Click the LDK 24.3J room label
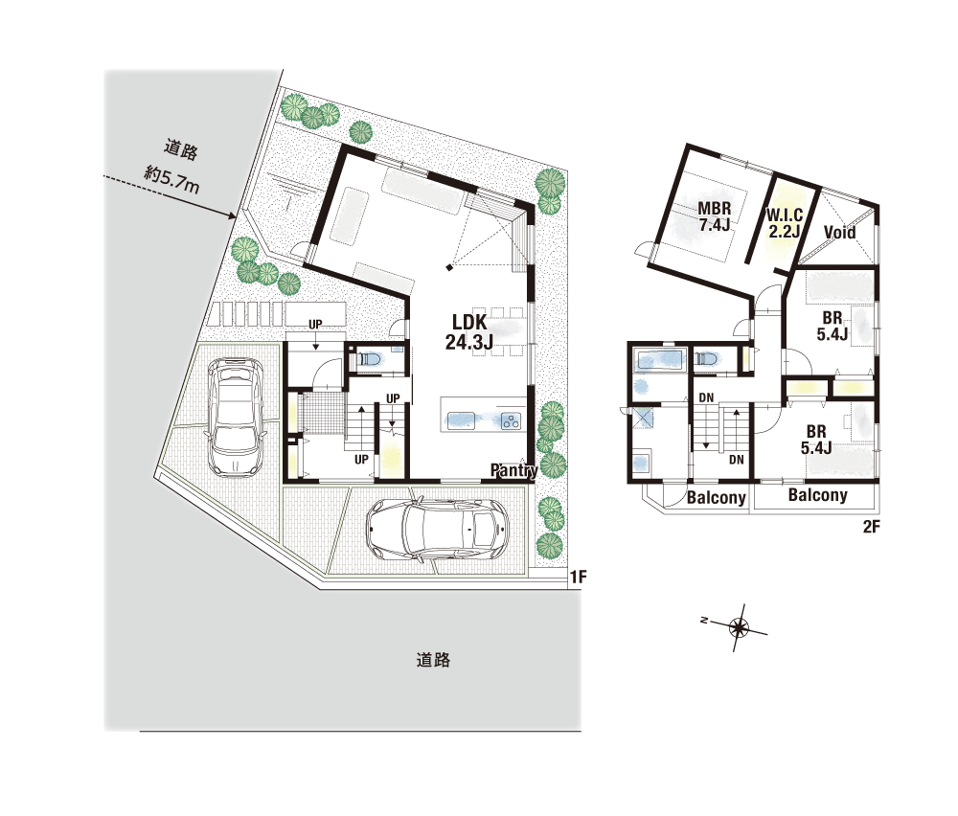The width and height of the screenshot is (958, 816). (x=468, y=332)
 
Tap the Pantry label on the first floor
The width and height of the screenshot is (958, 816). (x=514, y=470)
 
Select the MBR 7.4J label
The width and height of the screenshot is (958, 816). (x=715, y=216)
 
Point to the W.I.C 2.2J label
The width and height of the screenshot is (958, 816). (x=785, y=223)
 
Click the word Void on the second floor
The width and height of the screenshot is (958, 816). (x=839, y=232)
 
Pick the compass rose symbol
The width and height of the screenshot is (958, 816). (x=739, y=627)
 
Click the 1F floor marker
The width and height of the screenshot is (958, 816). (x=578, y=577)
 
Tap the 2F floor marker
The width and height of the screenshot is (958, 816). (x=871, y=527)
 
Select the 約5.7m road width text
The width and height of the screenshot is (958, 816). (x=171, y=179)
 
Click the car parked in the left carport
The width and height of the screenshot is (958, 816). (x=236, y=417)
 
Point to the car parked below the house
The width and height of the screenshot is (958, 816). (x=437, y=529)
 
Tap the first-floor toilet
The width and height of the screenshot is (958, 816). (x=370, y=359)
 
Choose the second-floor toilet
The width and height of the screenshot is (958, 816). (x=706, y=358)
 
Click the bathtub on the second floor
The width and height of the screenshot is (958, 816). (x=660, y=360)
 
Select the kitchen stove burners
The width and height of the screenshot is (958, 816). (x=511, y=420)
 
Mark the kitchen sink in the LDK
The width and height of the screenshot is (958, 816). (x=461, y=419)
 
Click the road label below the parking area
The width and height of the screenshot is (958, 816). (x=433, y=660)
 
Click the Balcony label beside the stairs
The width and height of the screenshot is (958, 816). (x=716, y=498)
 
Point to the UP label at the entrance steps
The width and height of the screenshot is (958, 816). (x=315, y=325)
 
